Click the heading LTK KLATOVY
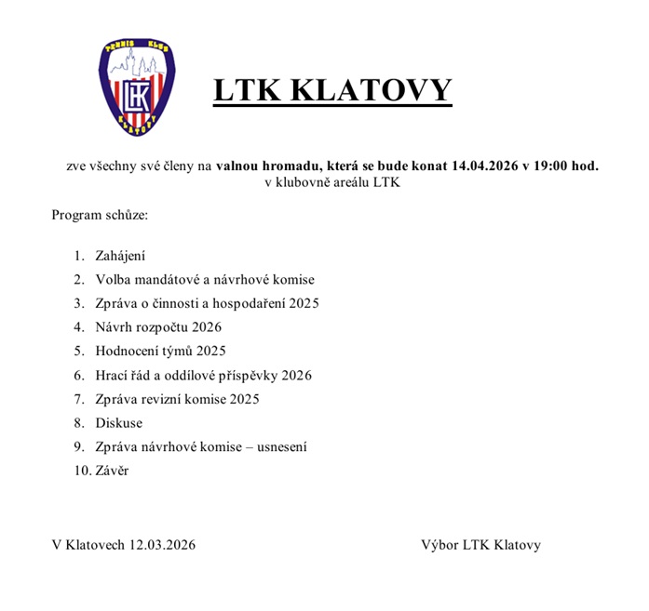pos(332,90)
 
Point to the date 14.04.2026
pos(485,166)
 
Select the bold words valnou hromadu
pos(269,166)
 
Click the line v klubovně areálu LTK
pos(331,182)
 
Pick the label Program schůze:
pos(100,215)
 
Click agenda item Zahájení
pos(120,256)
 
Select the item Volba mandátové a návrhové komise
pos(205,279)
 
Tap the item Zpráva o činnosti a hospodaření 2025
pos(208,303)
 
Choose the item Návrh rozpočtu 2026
pos(158,327)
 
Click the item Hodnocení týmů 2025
pos(160,352)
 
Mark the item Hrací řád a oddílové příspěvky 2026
pos(203,376)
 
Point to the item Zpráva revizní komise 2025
pos(177,399)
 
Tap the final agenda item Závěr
pos(112,471)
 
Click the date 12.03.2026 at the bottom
pos(163,545)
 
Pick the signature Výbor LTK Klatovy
pos(480,545)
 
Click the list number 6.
pos(79,376)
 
